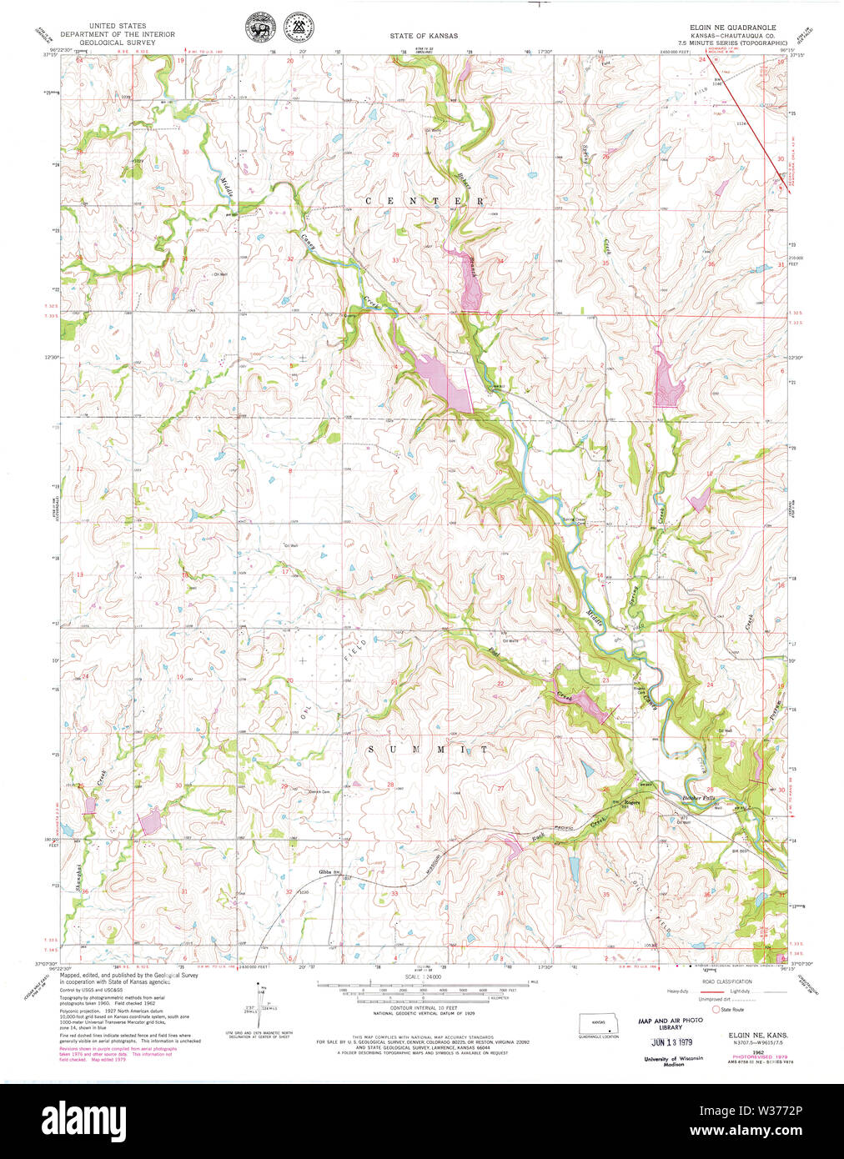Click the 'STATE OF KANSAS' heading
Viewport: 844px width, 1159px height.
click(x=423, y=37)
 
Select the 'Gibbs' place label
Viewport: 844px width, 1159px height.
click(x=325, y=872)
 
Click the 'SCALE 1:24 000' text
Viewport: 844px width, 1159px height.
click(x=423, y=976)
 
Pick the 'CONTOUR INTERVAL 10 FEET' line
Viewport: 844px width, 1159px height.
click(x=423, y=1008)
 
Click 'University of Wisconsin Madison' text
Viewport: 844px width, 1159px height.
click(x=673, y=1061)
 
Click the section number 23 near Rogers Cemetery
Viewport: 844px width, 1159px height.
click(x=605, y=680)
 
